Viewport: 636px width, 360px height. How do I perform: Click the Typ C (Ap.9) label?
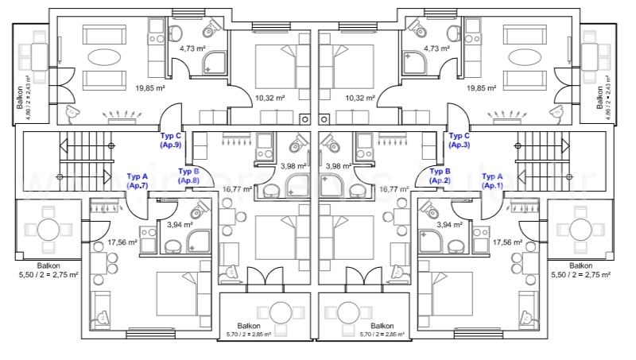pos(171,141)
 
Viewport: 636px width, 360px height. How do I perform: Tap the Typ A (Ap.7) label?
pos(138,180)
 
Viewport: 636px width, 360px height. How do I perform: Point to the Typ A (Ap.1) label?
pos(493,180)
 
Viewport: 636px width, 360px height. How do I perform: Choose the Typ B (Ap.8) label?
pos(188,176)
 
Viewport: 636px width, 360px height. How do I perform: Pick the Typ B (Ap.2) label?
pos(440,176)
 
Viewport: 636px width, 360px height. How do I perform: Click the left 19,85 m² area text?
pos(127,88)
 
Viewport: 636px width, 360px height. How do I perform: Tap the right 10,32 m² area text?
pos(360,98)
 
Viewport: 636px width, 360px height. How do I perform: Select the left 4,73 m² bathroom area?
pos(192,48)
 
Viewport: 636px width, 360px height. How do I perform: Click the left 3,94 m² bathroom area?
pos(180,225)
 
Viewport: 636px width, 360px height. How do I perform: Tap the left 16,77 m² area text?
pos(237,189)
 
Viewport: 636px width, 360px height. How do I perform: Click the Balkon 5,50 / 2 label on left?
pos(48,270)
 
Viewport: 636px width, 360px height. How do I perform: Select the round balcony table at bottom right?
pos(576,229)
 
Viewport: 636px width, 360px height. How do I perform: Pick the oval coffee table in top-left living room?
pos(106,58)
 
